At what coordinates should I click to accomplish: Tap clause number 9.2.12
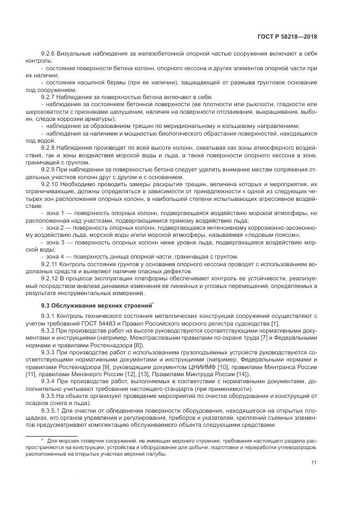(51, 277)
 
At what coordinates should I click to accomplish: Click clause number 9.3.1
(50, 316)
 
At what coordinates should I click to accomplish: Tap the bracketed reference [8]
(139, 345)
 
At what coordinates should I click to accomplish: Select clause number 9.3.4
(50, 381)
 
